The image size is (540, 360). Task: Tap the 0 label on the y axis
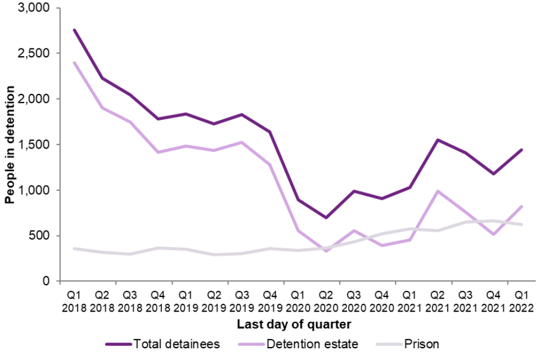coord(46,281)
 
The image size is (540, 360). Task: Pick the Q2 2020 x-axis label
coord(326,301)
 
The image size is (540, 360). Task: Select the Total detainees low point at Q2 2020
coord(326,217)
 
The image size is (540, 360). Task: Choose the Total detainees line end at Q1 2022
coord(521,150)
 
